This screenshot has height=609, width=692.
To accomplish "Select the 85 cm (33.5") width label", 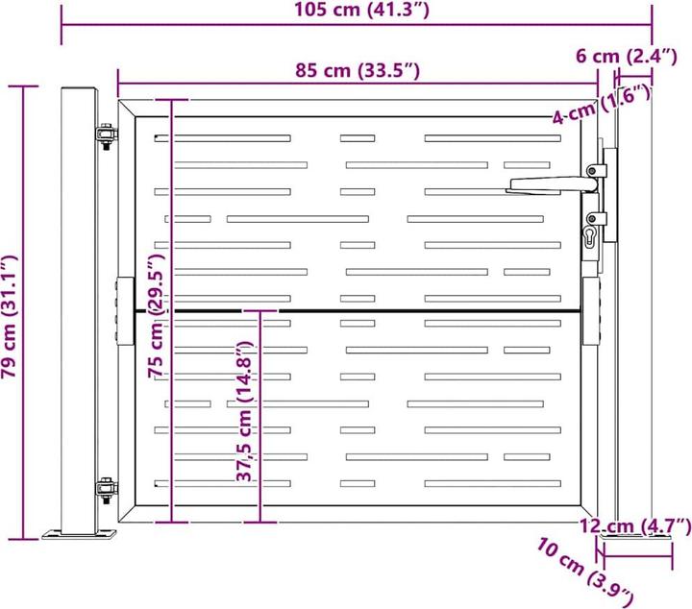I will tap(358, 70).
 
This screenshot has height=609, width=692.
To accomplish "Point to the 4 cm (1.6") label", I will tap(602, 106).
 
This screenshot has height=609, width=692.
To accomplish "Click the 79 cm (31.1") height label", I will tap(11, 317).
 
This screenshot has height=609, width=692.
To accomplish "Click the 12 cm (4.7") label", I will tap(635, 525).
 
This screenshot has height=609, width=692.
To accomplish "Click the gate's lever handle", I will tap(544, 183).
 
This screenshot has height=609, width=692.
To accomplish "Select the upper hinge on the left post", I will tap(105, 137).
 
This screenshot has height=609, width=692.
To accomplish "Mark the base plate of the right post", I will tap(634, 542).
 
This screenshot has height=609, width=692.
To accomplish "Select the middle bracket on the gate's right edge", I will tap(592, 310).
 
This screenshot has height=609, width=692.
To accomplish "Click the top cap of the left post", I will tap(79, 91).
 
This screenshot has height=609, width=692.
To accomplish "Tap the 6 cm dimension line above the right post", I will tap(634, 73).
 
